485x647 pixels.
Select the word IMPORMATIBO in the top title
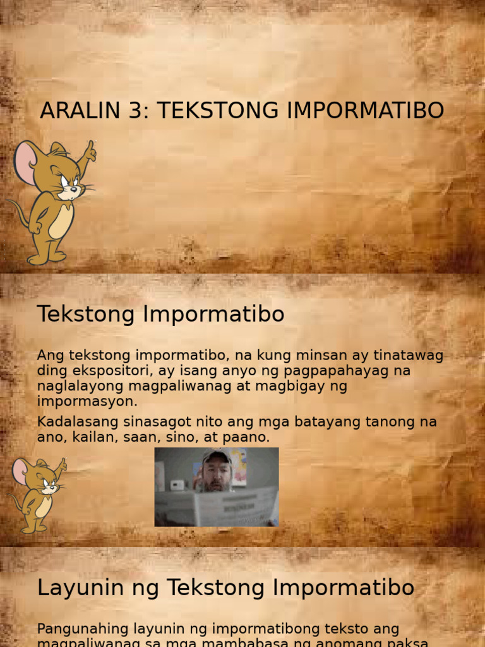(365, 111)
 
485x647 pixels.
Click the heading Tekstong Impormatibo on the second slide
(160, 314)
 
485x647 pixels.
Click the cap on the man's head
(217, 456)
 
